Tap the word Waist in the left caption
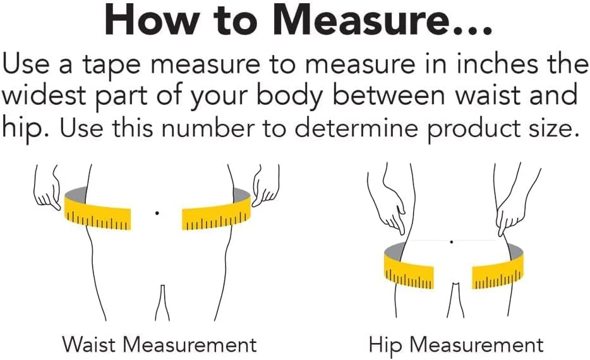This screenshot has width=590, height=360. (x=89, y=344)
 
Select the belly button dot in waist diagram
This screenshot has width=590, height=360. (x=157, y=213)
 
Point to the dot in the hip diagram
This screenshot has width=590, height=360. (x=451, y=242)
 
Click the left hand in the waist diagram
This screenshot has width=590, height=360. (x=47, y=188)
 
